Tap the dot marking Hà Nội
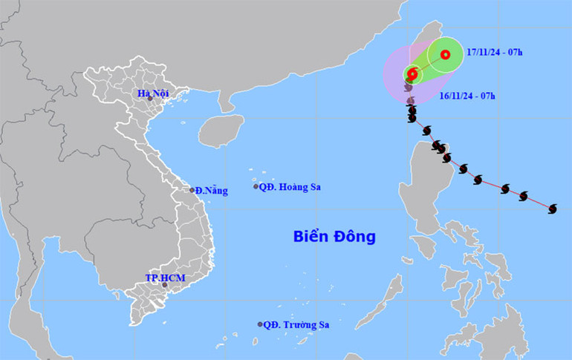click(x=150, y=99)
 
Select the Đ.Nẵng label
click(x=212, y=191)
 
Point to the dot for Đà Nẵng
click(x=192, y=190)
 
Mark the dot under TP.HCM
click(x=166, y=284)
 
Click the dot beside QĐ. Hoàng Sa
click(x=256, y=186)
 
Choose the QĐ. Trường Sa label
click(x=297, y=324)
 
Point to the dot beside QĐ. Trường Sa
click(x=260, y=324)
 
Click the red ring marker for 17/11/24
click(x=445, y=54)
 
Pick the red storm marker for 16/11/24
click(x=412, y=73)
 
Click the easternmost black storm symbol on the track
click(x=552, y=209)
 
